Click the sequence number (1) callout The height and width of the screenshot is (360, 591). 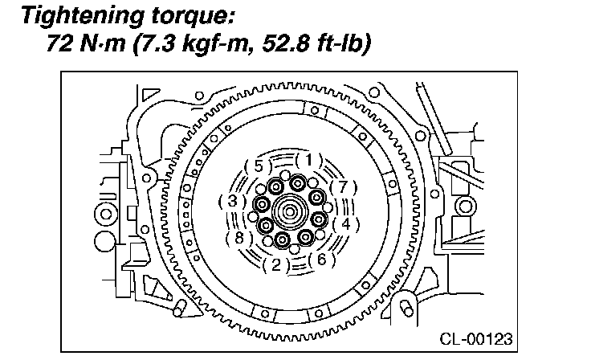(309, 161)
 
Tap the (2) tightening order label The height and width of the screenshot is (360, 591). (276, 265)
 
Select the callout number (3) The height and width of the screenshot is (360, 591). (233, 201)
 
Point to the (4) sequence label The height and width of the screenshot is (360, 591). (345, 224)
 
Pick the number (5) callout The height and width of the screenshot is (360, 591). (259, 166)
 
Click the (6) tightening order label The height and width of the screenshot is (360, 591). (321, 260)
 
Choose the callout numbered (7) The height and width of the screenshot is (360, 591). (343, 187)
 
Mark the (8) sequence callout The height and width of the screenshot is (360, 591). (239, 238)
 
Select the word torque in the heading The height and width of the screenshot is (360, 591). (194, 17)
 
